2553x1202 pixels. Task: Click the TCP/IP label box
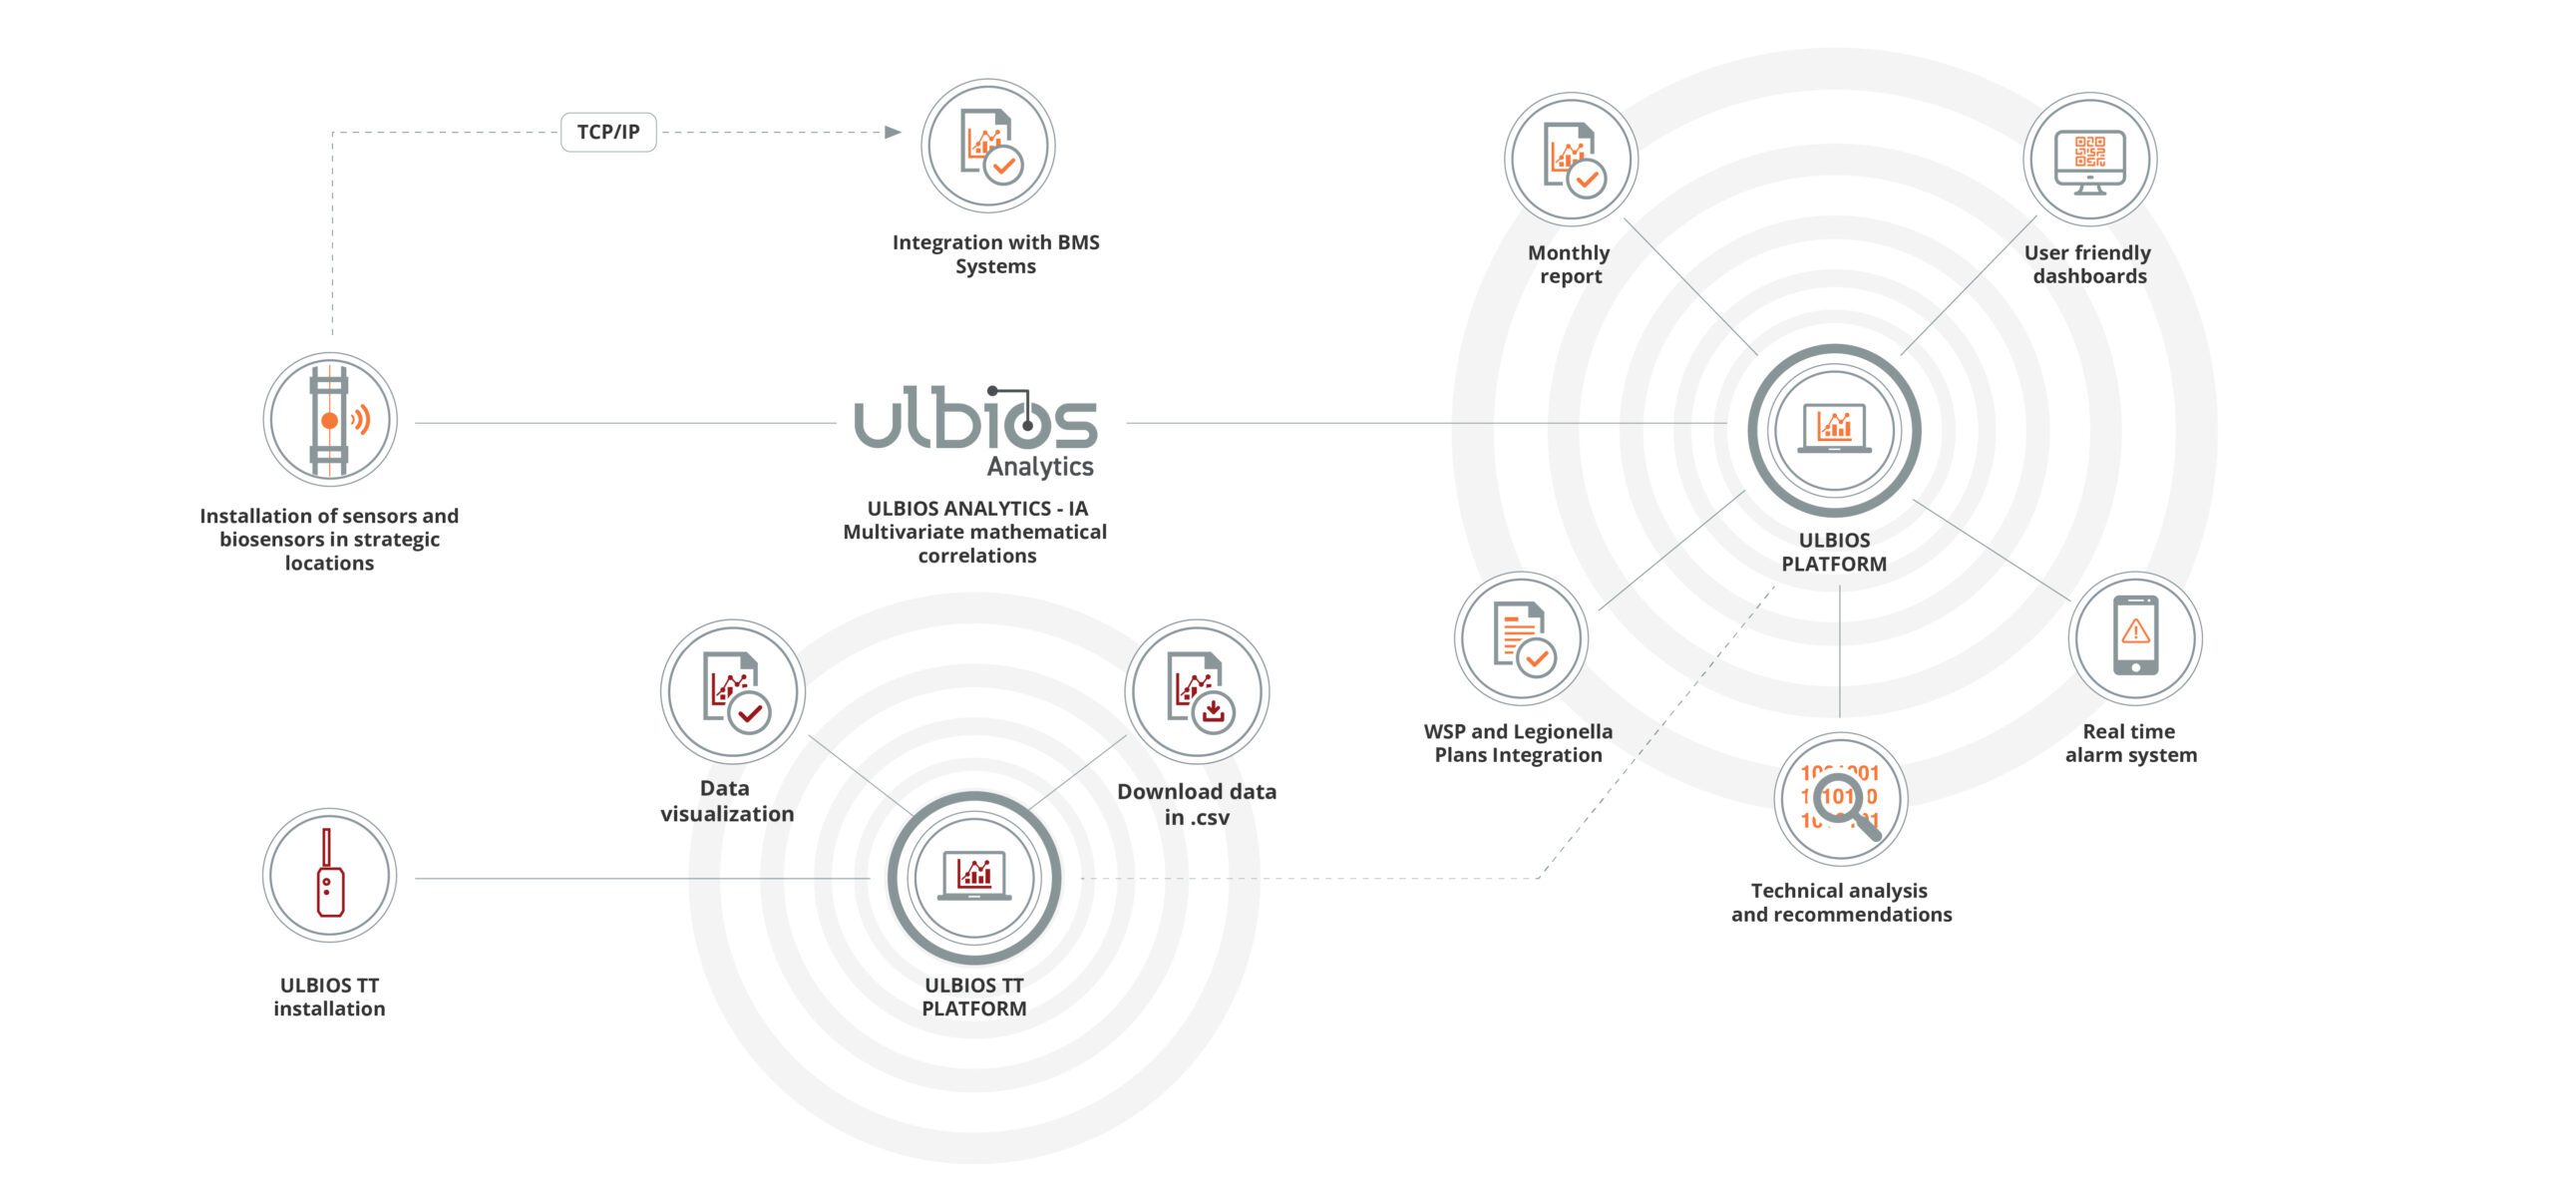click(608, 132)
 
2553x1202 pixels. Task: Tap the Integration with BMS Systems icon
click(987, 146)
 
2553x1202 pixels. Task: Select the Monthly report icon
click(1571, 160)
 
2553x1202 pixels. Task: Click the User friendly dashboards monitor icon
click(2089, 160)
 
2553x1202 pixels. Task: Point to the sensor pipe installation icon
click(330, 420)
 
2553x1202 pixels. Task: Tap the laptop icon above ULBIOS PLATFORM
click(1834, 430)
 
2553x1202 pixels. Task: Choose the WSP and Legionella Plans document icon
click(1521, 638)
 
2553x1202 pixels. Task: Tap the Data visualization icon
click(733, 691)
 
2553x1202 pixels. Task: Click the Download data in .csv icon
click(1197, 691)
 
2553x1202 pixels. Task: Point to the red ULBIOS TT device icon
click(330, 875)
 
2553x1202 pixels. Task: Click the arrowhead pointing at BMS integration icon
click(893, 132)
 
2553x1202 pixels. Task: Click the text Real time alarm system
click(2131, 743)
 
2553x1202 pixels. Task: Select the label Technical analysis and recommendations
click(1841, 903)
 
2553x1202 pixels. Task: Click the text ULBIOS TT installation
click(330, 997)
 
